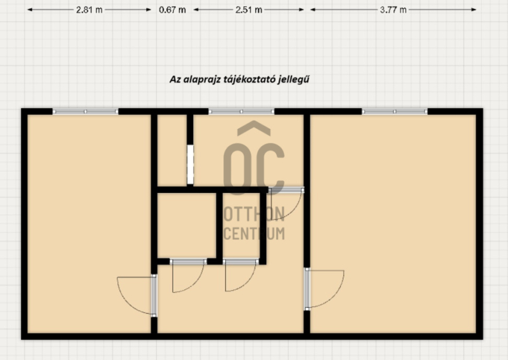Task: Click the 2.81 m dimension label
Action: (90, 10)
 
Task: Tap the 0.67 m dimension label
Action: (172, 10)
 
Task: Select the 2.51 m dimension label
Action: (249, 10)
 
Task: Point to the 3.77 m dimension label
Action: (393, 10)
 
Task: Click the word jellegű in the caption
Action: (293, 80)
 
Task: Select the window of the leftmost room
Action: (86, 112)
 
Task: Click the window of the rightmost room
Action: (394, 112)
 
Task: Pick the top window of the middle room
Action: (241, 112)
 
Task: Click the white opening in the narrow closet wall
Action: (190, 164)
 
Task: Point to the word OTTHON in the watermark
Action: (254, 214)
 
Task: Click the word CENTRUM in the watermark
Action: (254, 233)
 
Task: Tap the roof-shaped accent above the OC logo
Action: (254, 128)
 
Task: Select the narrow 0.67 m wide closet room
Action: (172, 150)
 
